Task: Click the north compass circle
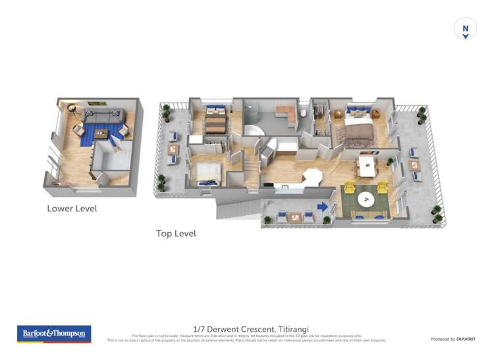[x=465, y=29]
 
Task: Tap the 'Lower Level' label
[x=72, y=209]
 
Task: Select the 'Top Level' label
[x=176, y=234]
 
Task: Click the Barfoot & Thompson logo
[x=54, y=334]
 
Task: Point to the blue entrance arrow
[x=323, y=207]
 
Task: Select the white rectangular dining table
[x=366, y=165]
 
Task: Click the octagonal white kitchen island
[x=312, y=178]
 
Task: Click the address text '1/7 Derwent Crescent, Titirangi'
[x=251, y=329]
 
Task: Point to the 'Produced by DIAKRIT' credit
[x=453, y=339]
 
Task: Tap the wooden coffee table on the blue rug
[x=100, y=134]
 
